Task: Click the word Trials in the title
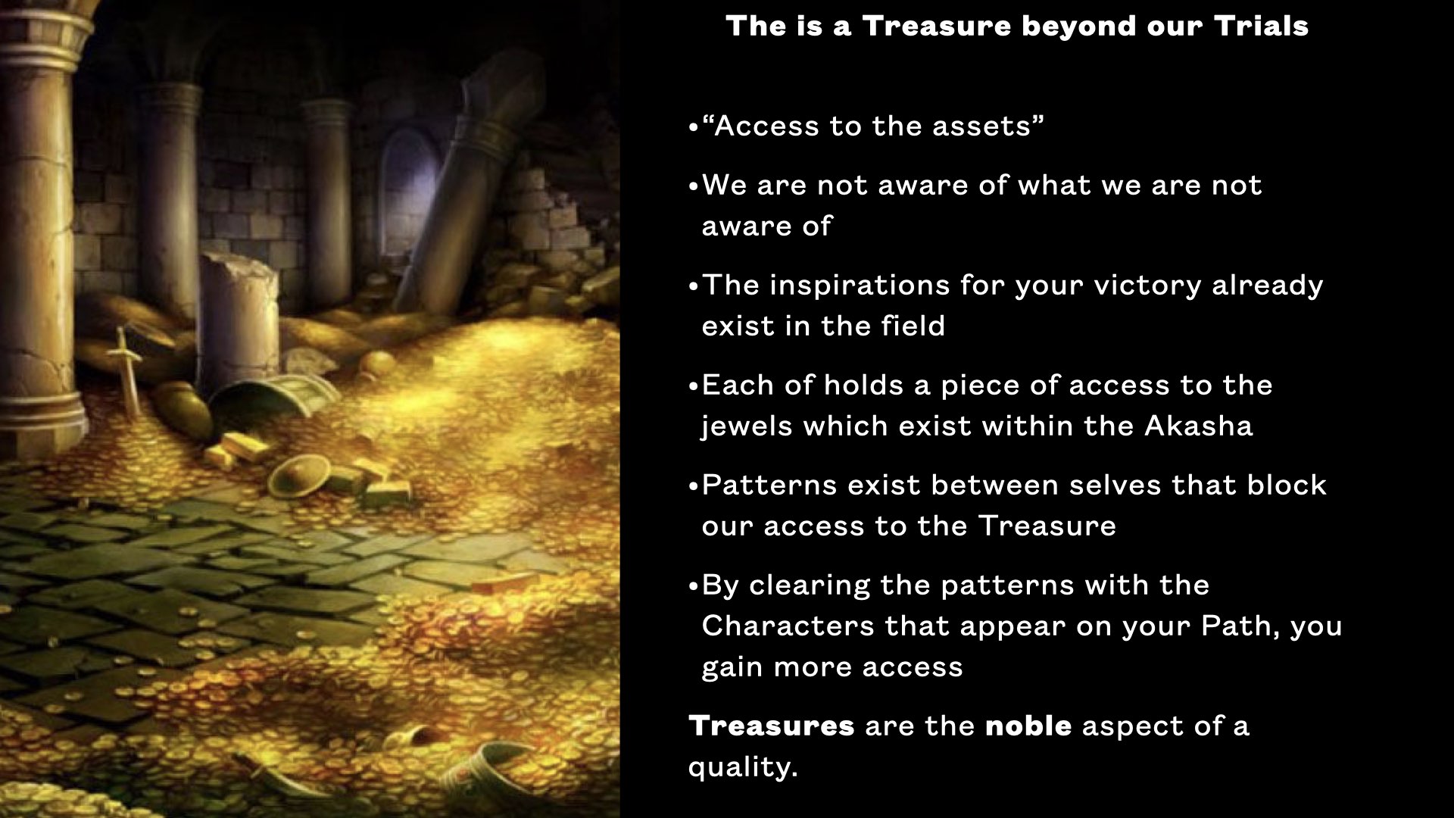coord(1261,27)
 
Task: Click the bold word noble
coord(1028,726)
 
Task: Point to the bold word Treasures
coord(771,726)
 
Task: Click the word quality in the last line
coord(742,767)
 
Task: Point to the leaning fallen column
coord(477,182)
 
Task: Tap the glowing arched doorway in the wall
coord(406,189)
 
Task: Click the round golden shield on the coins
coord(298,475)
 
